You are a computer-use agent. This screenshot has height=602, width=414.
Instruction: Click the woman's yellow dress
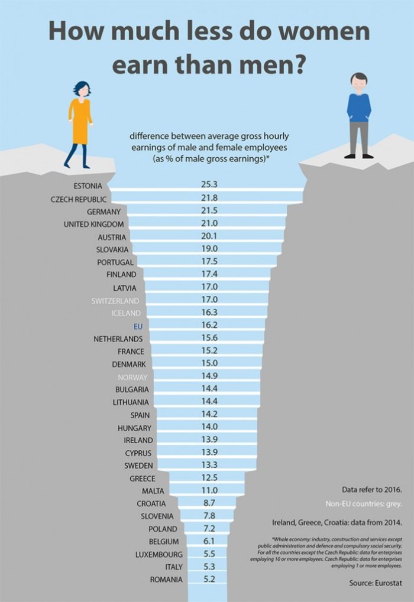(80, 121)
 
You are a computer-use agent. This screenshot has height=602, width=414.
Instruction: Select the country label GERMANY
(103, 211)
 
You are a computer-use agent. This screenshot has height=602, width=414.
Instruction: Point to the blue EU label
(138, 326)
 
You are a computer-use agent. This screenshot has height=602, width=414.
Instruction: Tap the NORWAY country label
(132, 376)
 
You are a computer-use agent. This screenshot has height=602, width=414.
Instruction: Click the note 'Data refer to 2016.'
(372, 490)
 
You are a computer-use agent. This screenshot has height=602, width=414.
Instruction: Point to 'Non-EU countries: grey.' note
(364, 504)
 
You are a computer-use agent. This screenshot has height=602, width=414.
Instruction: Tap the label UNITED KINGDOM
(94, 224)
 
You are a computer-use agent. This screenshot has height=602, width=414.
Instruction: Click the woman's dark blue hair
(82, 86)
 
